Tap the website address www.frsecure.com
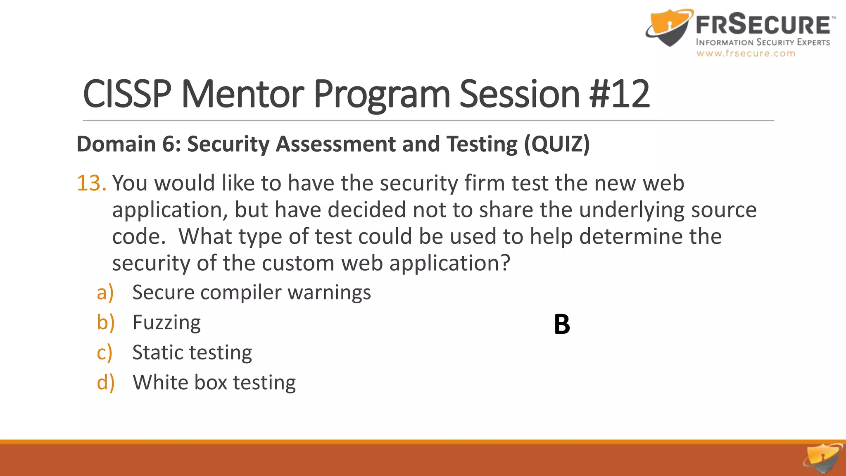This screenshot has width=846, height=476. click(x=746, y=53)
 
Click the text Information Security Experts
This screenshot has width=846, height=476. click(x=763, y=42)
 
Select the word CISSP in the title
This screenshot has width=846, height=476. click(x=127, y=94)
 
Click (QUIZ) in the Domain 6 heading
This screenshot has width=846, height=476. click(x=557, y=144)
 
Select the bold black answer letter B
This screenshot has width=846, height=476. click(x=562, y=324)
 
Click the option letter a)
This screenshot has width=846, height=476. click(x=105, y=293)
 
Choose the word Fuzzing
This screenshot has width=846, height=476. click(x=166, y=323)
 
